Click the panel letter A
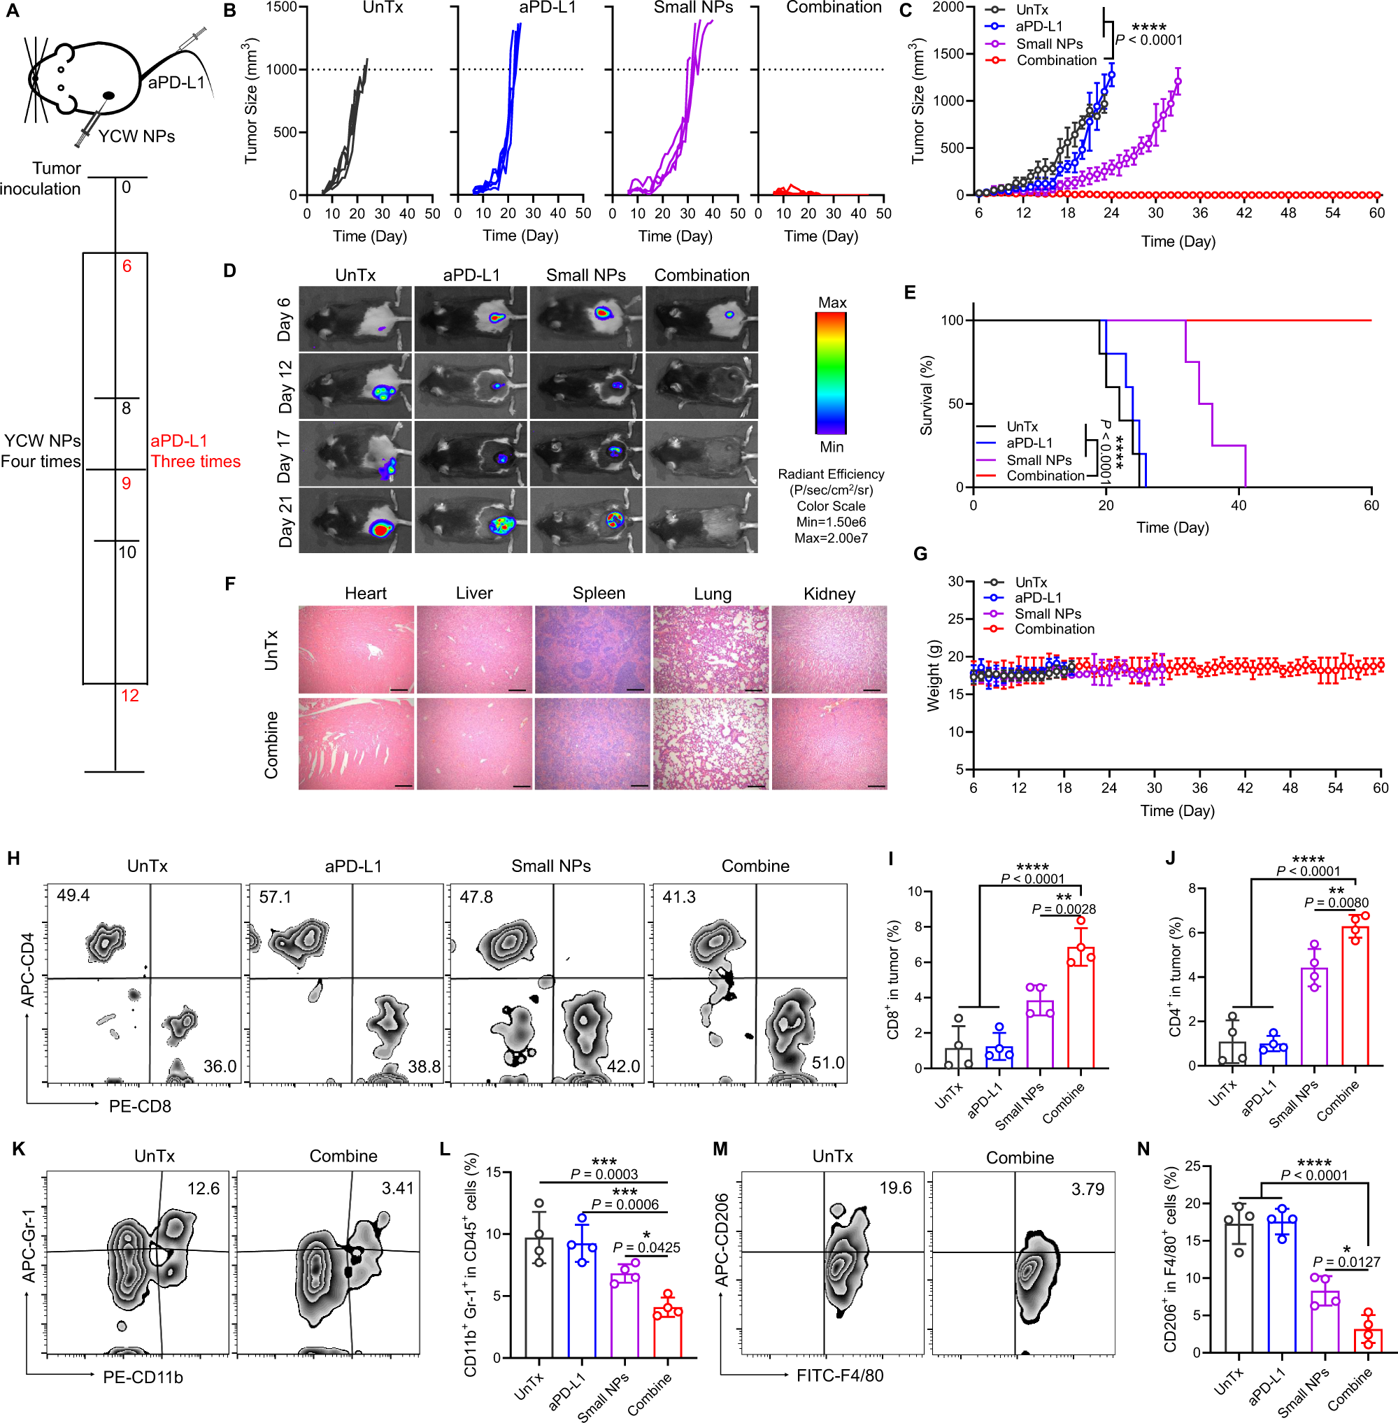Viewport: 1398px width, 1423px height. click(12, 12)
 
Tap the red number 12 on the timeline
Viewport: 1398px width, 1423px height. click(130, 695)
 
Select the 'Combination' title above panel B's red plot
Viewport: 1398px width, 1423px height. click(834, 8)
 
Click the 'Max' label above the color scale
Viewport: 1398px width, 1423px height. click(832, 303)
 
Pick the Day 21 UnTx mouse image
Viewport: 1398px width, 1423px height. click(355, 520)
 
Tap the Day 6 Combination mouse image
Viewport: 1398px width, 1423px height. click(701, 319)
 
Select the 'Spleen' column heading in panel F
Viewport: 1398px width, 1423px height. click(599, 593)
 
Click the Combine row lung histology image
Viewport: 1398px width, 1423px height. click(711, 743)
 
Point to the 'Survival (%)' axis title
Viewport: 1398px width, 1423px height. click(926, 395)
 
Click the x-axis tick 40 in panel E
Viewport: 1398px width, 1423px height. click(1239, 505)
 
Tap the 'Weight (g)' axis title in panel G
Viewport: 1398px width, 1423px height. click(933, 675)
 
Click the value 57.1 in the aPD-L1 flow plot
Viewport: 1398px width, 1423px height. click(275, 896)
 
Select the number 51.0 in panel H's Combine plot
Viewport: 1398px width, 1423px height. click(827, 1062)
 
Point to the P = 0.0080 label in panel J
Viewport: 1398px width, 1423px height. click(1336, 903)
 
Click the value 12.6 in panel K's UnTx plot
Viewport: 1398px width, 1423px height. click(204, 1188)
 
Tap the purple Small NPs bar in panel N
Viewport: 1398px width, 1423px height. click(1325, 1322)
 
